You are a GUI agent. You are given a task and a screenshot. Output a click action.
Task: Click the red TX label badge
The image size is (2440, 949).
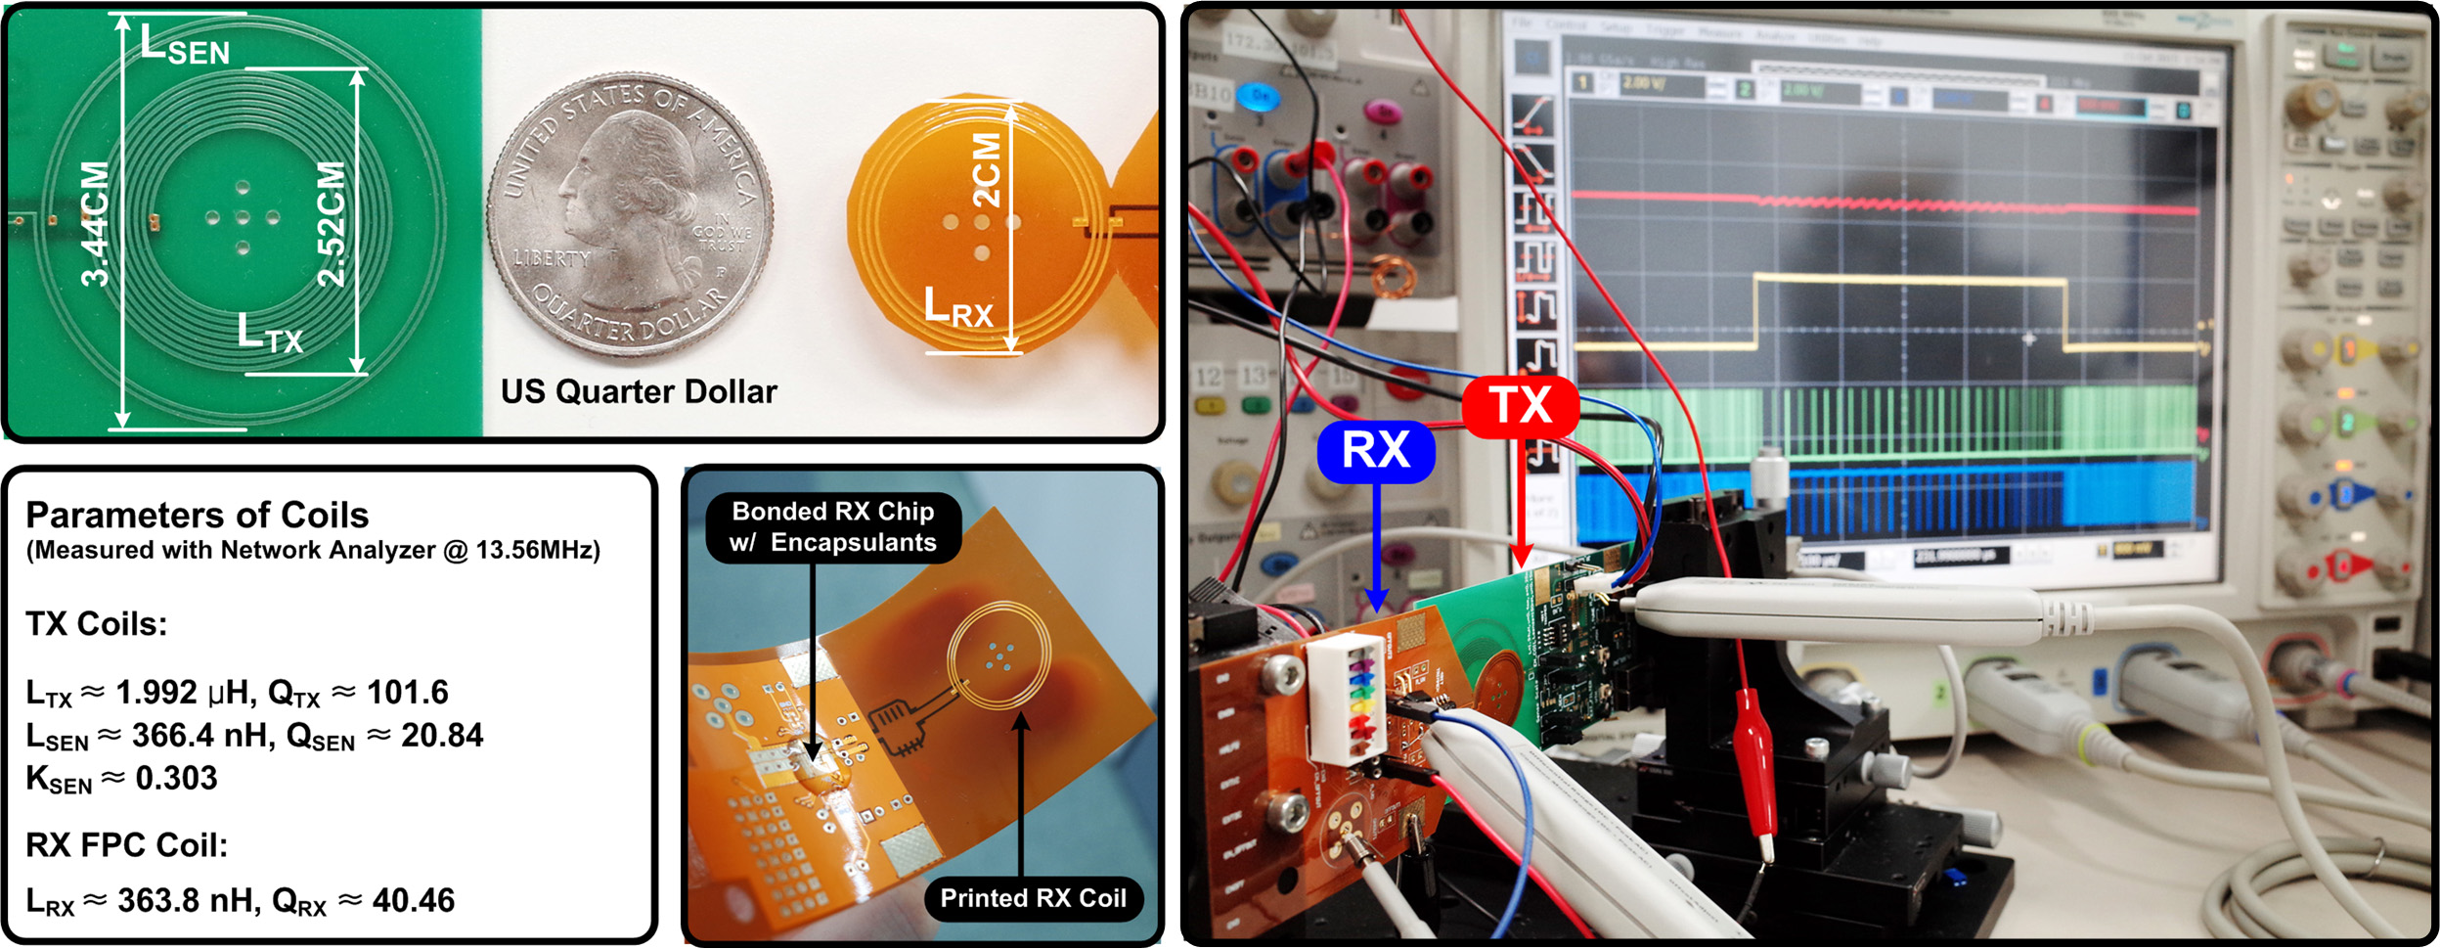[x=1520, y=405]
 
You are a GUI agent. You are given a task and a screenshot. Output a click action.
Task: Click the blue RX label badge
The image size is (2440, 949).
[x=1375, y=451]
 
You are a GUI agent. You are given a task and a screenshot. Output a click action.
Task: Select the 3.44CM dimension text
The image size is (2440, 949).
[x=95, y=224]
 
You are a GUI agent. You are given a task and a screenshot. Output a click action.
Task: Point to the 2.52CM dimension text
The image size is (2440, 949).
[x=332, y=224]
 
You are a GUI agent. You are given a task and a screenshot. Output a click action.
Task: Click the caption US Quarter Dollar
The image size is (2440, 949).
[x=639, y=391]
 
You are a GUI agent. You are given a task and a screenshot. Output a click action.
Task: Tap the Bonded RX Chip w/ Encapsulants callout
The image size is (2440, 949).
[x=833, y=526]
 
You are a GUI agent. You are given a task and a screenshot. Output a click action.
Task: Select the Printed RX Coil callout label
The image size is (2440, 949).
[x=1033, y=898]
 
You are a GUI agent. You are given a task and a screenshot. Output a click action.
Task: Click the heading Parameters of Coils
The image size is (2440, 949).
[x=198, y=515]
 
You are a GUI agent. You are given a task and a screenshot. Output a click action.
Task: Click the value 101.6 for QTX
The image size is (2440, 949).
[x=407, y=693]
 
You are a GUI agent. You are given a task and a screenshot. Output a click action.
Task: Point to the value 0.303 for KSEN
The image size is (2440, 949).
[x=176, y=778]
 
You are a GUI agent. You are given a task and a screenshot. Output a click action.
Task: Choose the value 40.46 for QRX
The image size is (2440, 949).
[x=414, y=900]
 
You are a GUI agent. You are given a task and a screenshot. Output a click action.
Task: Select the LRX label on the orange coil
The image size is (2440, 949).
[x=957, y=307]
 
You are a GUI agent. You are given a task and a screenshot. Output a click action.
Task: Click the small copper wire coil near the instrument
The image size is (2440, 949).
[x=1396, y=278]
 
